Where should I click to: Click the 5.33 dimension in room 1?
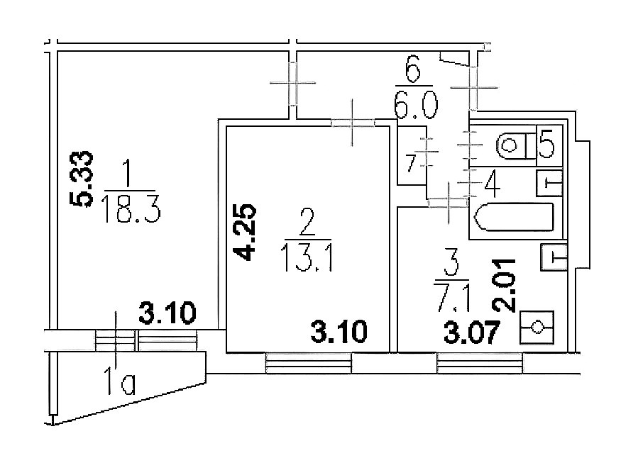pos(82,179)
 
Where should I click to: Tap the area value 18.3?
pos(132,208)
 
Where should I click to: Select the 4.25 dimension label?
pos(245,232)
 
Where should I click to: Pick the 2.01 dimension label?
pos(505,285)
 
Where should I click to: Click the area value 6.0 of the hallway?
pos(416,105)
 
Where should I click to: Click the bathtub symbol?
pos(515,218)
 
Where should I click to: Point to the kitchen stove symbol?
pos(537,328)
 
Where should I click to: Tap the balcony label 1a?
pos(121,381)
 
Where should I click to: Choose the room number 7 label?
pos(412,164)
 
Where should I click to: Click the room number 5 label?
pos(546,142)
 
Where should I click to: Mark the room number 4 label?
pos(492,184)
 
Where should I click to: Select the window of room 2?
pos(309,363)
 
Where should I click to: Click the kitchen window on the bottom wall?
pos(479,363)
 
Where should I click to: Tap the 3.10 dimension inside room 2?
pos(339,331)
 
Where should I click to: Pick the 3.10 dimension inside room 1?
pos(167,313)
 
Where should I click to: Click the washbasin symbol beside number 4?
pos(549,183)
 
